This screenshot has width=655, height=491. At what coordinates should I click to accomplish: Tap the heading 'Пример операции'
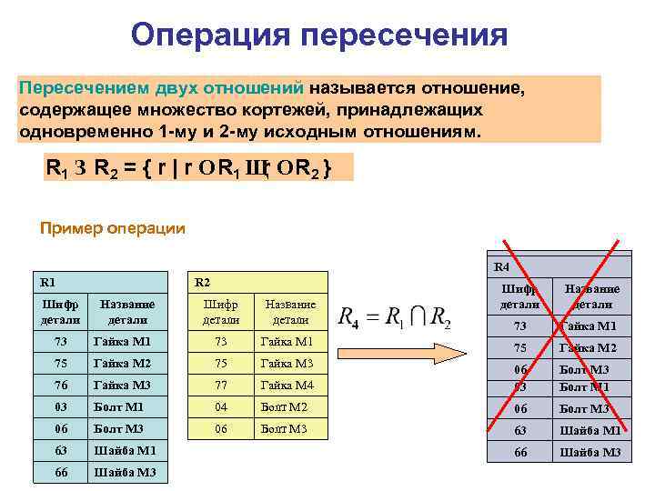(x=113, y=228)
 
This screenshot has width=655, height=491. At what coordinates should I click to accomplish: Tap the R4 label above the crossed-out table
(x=501, y=267)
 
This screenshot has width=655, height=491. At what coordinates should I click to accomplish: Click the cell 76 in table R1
(x=60, y=385)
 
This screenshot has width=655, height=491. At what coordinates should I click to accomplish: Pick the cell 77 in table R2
(x=219, y=385)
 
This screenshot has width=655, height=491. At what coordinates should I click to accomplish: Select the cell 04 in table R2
(x=219, y=406)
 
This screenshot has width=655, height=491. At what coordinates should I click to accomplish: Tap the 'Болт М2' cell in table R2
(x=284, y=406)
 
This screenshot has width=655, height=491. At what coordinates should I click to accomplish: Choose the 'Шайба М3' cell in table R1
(x=125, y=472)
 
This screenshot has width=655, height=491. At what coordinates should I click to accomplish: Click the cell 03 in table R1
(x=60, y=406)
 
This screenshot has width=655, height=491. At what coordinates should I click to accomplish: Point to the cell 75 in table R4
(x=519, y=347)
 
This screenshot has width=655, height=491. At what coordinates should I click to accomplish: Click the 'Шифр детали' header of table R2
(x=220, y=312)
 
